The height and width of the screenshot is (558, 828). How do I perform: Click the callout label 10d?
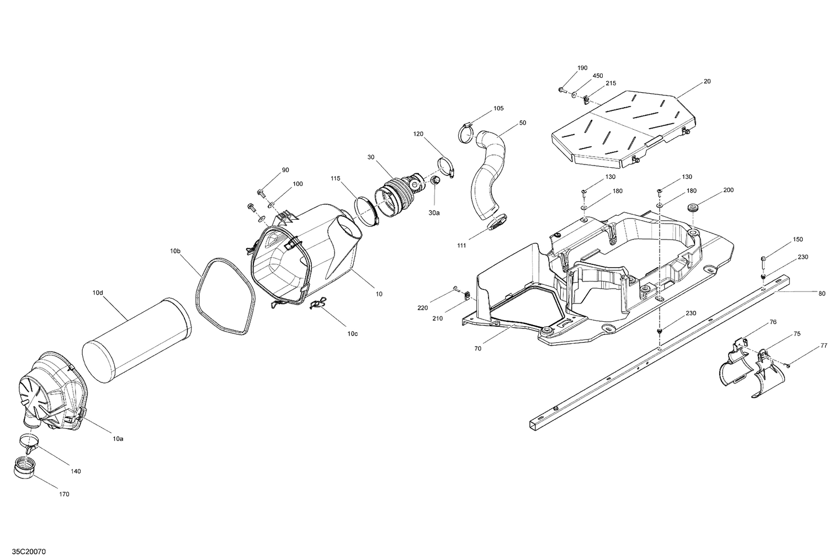[98, 293]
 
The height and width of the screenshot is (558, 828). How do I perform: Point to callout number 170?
[64, 494]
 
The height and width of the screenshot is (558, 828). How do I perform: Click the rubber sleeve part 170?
[24, 468]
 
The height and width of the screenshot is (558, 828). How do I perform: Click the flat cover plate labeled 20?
[624, 130]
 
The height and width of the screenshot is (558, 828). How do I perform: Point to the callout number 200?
[729, 190]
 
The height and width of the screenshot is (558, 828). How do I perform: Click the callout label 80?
[822, 293]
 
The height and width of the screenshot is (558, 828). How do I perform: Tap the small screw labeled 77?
[789, 365]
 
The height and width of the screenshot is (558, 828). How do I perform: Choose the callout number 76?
[773, 322]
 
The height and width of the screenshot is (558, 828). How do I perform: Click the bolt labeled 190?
[561, 89]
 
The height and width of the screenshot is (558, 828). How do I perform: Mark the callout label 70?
[477, 349]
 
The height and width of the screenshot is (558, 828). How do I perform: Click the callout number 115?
[336, 178]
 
